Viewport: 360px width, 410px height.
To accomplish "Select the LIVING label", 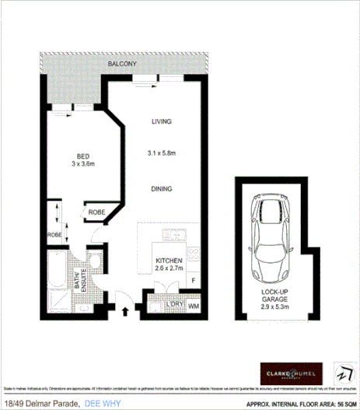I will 161,122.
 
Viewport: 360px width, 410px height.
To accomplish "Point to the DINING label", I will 161,189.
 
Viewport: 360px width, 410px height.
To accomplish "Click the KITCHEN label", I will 169,259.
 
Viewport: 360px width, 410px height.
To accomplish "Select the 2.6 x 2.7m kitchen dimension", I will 169,268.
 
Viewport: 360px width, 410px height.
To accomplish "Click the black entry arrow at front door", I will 125,311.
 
